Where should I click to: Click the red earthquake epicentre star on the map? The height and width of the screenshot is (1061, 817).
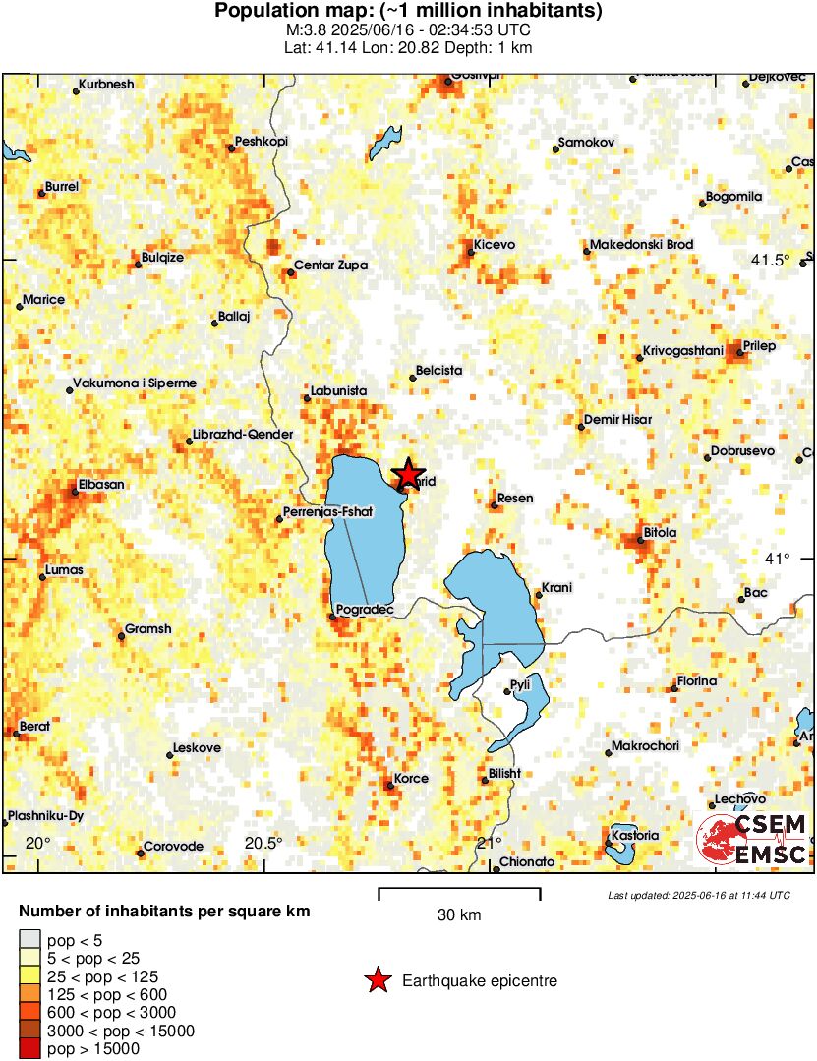click(407, 475)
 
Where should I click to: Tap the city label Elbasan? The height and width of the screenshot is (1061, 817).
click(102, 484)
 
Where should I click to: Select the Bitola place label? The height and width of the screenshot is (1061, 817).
click(660, 532)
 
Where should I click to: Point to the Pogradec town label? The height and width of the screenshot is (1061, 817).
click(365, 610)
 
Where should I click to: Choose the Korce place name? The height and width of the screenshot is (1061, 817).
click(411, 779)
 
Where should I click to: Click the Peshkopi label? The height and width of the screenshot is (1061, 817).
click(263, 142)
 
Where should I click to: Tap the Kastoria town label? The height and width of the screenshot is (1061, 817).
click(634, 835)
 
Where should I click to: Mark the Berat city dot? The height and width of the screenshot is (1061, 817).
click(16, 733)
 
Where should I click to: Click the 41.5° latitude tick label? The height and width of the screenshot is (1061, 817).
click(770, 261)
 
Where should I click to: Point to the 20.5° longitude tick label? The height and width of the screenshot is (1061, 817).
click(263, 843)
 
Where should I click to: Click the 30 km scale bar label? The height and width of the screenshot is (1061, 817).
click(459, 914)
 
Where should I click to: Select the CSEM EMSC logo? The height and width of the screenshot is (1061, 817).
click(752, 839)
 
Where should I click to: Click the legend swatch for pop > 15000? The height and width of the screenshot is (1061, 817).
click(30, 1049)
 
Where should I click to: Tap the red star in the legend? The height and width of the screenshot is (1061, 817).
click(376, 980)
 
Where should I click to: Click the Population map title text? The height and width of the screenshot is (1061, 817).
click(408, 12)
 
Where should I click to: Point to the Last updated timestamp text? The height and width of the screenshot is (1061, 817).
click(698, 895)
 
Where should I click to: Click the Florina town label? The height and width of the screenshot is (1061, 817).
click(696, 681)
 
